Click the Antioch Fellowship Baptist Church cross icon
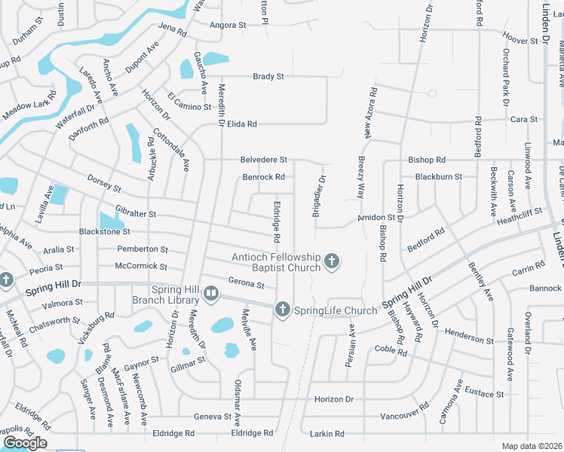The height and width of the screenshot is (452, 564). coord(331,262)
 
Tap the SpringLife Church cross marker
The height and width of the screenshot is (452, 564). coord(282,310)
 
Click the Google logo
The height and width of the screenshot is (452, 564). coord(25,443)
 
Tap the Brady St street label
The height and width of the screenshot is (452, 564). coord(268,77)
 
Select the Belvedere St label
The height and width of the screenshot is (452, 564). coord(264,160)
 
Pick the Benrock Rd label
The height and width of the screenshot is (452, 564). coord(263,177)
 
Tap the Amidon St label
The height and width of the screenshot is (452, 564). coord(375,217)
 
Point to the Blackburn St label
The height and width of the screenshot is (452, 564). coord(438,177)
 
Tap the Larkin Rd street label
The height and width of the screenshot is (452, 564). coord(328,434)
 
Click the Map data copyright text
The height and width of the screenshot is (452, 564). coord(532,446)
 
